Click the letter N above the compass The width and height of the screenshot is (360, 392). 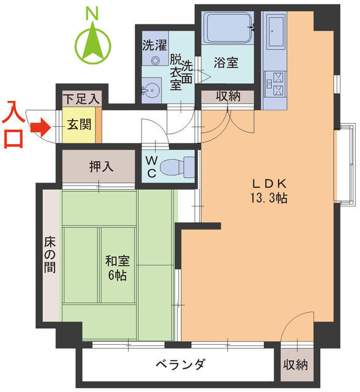click(92, 12)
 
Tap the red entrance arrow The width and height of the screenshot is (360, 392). click(40, 128)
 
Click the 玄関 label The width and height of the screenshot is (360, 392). click(78, 125)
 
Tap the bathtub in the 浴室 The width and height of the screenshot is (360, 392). click(227, 28)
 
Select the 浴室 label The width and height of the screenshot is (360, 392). click(226, 62)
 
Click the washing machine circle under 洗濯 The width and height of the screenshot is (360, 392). click(154, 61)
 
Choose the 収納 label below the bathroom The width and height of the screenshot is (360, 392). click(228, 97)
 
